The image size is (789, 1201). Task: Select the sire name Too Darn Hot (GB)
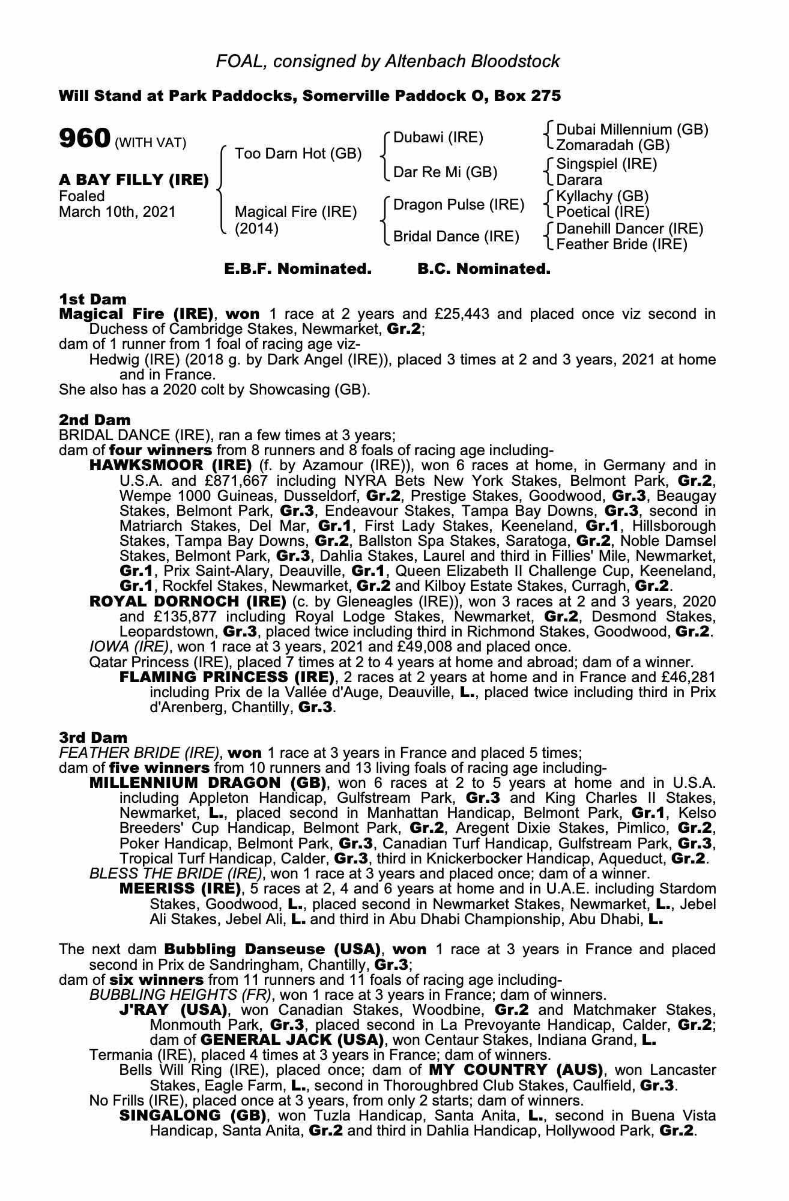coord(298,153)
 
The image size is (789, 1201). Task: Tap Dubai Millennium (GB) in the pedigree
coord(632,130)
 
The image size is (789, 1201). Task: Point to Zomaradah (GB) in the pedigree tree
coord(612,145)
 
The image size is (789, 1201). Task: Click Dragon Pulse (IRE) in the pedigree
coord(459,205)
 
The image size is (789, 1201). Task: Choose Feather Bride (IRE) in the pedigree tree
coord(621,244)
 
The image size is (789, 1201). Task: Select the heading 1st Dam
coord(92,299)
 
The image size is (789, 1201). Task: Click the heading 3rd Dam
coord(93,737)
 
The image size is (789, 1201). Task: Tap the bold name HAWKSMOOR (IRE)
coord(171,465)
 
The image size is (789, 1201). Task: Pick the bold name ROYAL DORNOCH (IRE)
coord(187,601)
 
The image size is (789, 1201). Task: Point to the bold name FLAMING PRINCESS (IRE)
coord(227,677)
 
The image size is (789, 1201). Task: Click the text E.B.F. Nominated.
coord(298,269)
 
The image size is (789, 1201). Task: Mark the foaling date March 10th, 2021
coord(118,211)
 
